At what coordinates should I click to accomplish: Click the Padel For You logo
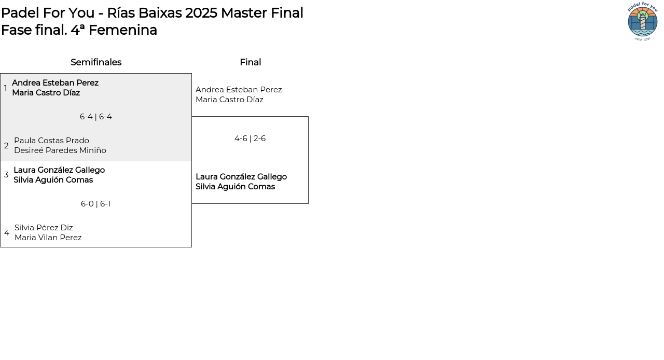(x=643, y=22)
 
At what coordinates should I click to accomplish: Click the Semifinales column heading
(x=96, y=62)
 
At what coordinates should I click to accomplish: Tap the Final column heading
(x=250, y=62)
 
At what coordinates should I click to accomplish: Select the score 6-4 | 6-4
(x=96, y=117)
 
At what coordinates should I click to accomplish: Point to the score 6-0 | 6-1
(x=96, y=204)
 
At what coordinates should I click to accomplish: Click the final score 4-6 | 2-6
(x=250, y=139)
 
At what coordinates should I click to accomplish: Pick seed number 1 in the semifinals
(x=6, y=88)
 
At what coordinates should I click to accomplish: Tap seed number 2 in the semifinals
(x=6, y=146)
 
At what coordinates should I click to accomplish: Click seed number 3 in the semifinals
(x=6, y=175)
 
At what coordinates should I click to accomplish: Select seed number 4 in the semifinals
(x=7, y=233)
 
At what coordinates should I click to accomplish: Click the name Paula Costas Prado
(x=51, y=141)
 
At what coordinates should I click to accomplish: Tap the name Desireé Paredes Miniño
(x=60, y=150)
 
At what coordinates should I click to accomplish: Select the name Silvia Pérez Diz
(x=44, y=228)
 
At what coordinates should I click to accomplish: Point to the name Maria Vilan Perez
(x=48, y=238)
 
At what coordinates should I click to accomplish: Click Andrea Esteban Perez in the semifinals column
(x=55, y=83)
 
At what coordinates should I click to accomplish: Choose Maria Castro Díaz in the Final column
(x=229, y=100)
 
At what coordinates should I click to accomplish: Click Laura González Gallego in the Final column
(x=241, y=177)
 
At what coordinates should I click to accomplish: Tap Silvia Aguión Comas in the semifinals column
(x=53, y=180)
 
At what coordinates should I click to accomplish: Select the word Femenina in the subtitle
(x=123, y=30)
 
